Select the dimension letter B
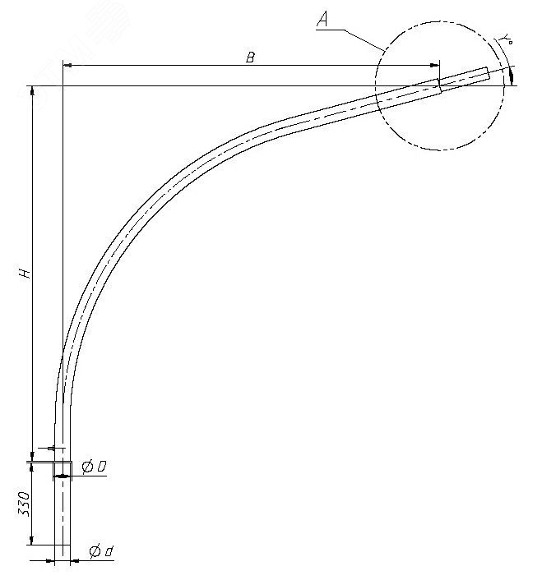click(x=250, y=57)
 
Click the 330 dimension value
click(x=25, y=502)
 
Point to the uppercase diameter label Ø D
click(x=94, y=467)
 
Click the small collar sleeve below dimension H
click(x=63, y=469)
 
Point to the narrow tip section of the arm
click(x=465, y=77)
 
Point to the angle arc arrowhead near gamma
click(x=512, y=76)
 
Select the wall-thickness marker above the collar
click(x=51, y=449)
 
